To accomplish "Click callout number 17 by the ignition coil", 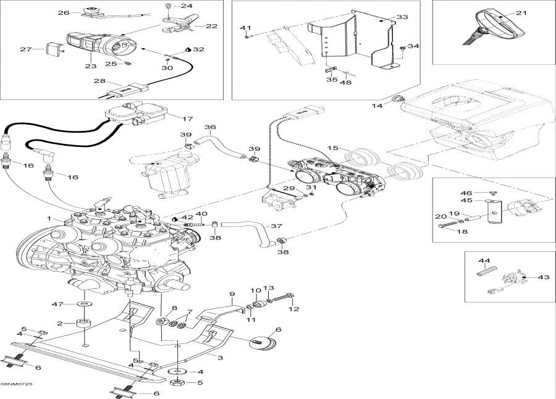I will pyautogui.click(x=187, y=119).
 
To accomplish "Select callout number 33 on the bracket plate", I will pyautogui.click(x=402, y=17).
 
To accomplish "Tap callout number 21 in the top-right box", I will pyautogui.click(x=521, y=13).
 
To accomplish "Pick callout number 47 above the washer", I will pyautogui.click(x=58, y=304).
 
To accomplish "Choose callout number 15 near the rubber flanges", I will pyautogui.click(x=332, y=149).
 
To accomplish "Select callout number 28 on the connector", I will pyautogui.click(x=99, y=82).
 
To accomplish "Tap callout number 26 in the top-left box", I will pyautogui.click(x=64, y=12).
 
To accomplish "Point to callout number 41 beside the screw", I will pyautogui.click(x=245, y=28).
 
